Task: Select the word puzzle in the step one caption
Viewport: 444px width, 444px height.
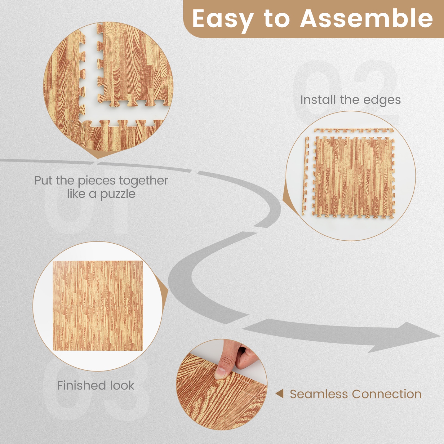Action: coord(118,194)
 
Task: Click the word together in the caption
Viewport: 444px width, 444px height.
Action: coord(144,181)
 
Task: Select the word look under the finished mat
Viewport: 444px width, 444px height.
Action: coord(122,385)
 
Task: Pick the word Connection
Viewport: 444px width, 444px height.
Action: coord(387,394)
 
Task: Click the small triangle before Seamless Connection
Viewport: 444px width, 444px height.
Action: coord(279,394)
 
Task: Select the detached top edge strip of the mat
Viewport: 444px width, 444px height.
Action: coord(353,131)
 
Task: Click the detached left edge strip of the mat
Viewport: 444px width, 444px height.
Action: coord(306,176)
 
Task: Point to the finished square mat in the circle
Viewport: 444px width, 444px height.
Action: coord(98,306)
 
